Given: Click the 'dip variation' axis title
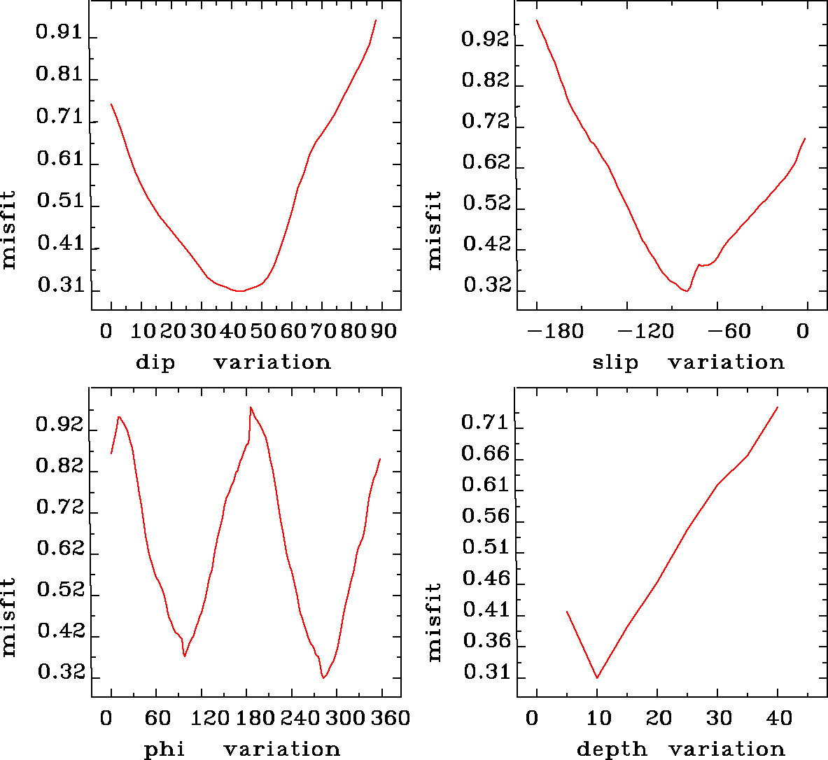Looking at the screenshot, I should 233,363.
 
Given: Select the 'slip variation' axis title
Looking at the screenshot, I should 688,363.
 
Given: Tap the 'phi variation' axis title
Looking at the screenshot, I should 242,750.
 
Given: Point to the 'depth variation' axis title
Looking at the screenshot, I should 680,750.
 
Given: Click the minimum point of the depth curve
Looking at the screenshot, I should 597,677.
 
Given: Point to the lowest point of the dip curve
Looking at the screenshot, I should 239,290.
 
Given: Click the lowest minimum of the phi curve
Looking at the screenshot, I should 323,677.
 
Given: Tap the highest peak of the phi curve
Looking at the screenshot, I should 251,407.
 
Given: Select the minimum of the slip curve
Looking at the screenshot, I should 687,290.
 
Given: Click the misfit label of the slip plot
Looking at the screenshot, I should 435,230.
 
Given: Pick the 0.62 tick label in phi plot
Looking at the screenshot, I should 60,549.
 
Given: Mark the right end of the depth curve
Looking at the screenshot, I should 778,407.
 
